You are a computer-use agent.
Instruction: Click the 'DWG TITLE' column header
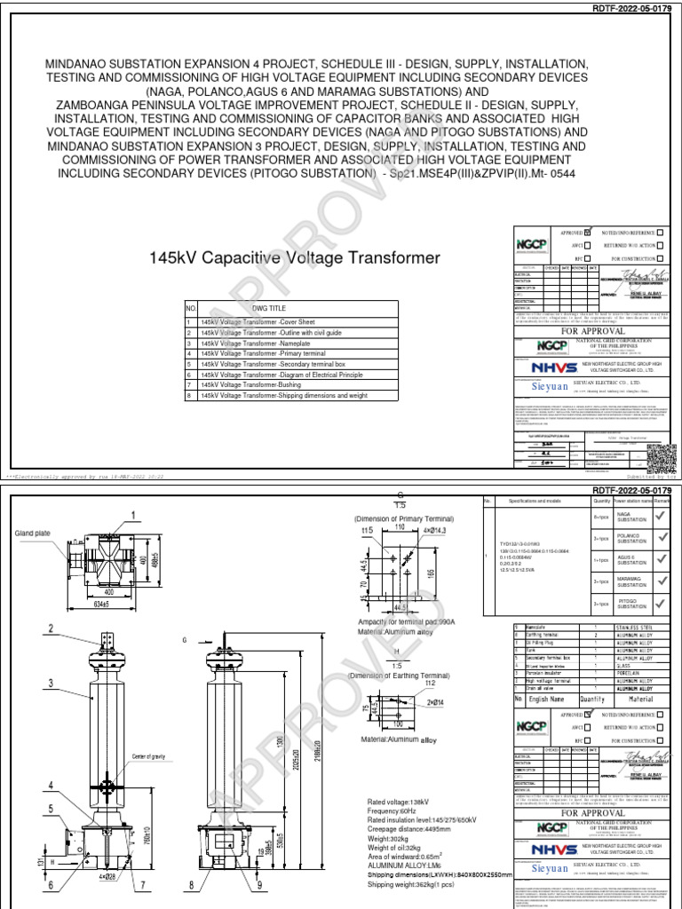266,307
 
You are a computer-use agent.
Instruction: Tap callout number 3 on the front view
52,683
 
